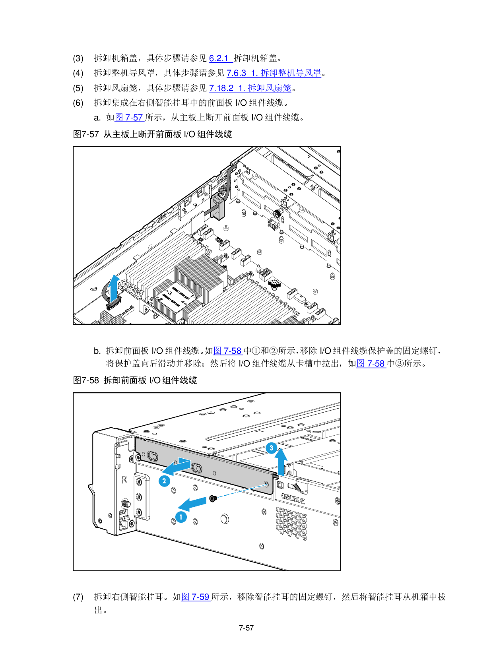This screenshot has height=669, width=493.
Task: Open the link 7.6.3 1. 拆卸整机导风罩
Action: [x=274, y=73]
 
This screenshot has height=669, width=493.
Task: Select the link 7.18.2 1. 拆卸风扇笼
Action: [x=250, y=88]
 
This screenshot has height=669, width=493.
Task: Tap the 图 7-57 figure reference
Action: [x=129, y=118]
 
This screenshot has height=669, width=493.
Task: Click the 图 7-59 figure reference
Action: [x=196, y=597]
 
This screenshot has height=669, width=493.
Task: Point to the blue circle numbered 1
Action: [x=181, y=517]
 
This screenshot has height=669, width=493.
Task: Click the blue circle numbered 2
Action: [x=164, y=481]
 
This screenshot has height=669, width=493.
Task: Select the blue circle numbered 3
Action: [x=271, y=448]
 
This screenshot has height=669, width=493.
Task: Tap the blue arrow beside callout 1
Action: [x=192, y=504]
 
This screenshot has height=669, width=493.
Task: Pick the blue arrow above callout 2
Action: [x=176, y=467]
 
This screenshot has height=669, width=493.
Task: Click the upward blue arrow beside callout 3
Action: [x=281, y=461]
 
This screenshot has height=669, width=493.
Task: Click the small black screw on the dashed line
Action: [x=213, y=498]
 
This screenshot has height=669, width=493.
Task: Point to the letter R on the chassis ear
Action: [x=124, y=480]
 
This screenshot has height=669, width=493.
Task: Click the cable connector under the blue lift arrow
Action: [x=113, y=306]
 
